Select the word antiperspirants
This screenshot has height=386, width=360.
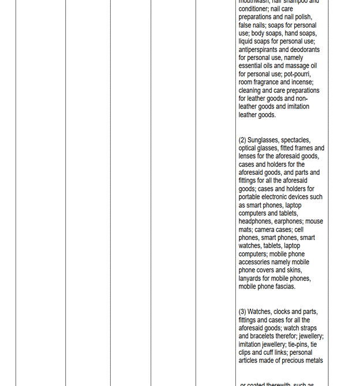262,50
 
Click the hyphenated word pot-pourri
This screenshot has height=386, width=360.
297,74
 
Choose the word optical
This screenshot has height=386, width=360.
249,148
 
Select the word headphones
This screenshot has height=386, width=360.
256,222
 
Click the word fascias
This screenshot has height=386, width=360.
284,286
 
